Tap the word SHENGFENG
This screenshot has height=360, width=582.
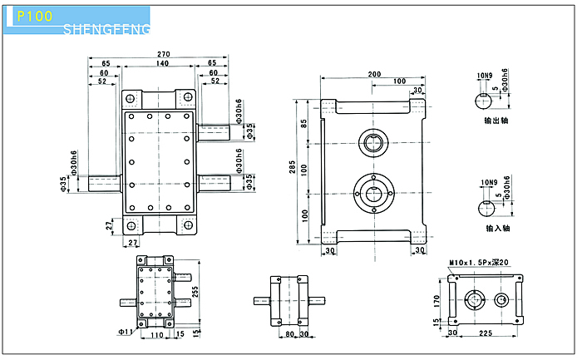(106, 30)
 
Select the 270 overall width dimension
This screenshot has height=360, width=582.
(163, 54)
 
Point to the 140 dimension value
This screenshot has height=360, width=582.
(162, 63)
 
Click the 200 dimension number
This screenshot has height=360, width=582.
(374, 74)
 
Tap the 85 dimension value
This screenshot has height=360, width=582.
(304, 123)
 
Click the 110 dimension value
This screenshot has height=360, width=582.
(156, 334)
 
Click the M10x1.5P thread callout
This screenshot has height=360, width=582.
(474, 263)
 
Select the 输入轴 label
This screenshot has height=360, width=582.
(497, 227)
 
